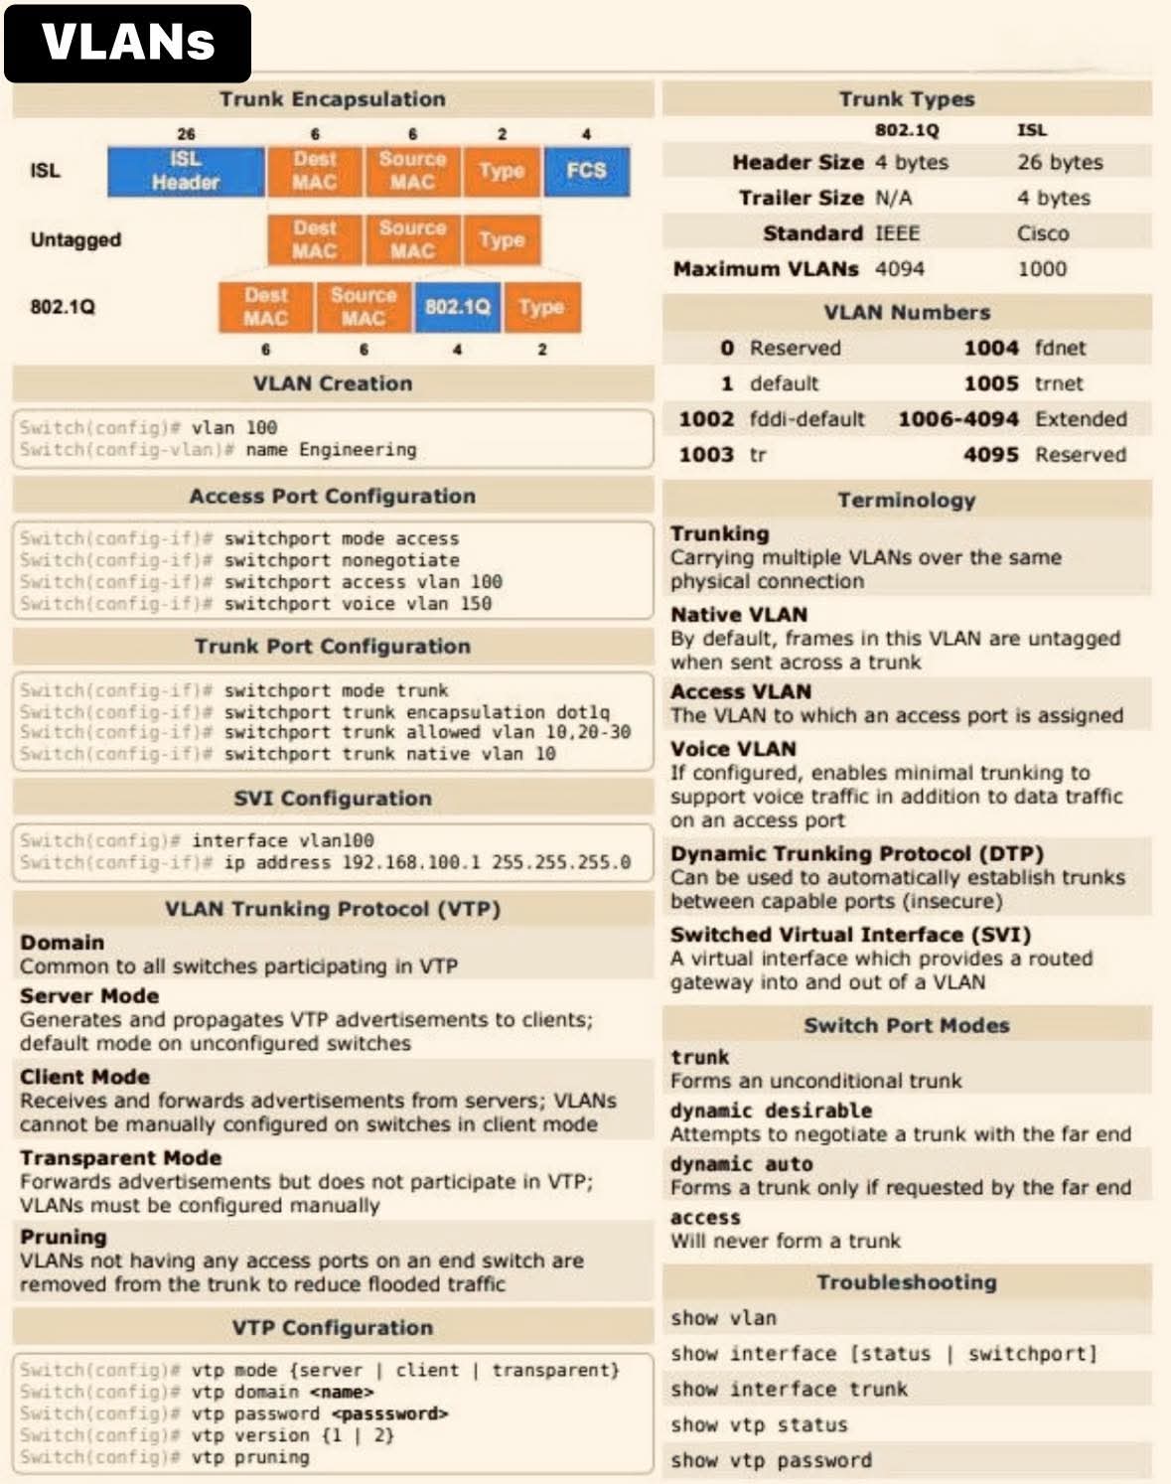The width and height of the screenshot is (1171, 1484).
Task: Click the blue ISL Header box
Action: [186, 171]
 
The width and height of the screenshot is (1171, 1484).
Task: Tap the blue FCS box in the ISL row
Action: [586, 171]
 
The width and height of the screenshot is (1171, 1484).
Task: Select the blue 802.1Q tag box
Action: [457, 307]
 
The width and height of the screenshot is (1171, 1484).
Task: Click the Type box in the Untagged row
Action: [502, 239]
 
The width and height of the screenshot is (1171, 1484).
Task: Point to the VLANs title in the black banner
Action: [128, 43]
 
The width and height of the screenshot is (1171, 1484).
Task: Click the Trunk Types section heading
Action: [906, 99]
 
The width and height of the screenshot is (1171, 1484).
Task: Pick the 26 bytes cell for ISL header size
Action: [1059, 163]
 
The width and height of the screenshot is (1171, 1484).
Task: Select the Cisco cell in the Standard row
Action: [1042, 233]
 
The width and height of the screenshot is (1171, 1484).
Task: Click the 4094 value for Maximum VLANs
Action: [899, 269]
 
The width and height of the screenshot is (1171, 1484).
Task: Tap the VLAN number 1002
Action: [706, 419]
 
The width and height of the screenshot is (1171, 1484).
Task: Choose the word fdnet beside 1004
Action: [1060, 349]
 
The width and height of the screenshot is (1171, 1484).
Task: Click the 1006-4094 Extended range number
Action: [957, 419]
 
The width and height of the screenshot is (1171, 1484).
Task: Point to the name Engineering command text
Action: [331, 450]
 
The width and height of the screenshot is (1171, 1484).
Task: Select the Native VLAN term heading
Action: [738, 615]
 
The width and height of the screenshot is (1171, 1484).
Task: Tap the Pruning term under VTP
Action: [64, 1238]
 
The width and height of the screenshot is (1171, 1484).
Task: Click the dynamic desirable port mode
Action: [771, 1111]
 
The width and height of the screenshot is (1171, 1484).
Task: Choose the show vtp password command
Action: [771, 1461]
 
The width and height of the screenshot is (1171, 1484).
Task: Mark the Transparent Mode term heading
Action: [120, 1158]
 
